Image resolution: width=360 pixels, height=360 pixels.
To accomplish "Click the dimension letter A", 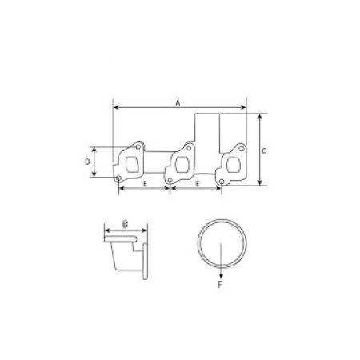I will pyautogui.click(x=178, y=102).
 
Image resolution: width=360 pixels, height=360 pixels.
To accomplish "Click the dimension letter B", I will pyautogui.click(x=126, y=224).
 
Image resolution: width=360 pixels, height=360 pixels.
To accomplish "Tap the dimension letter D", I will pyautogui.click(x=87, y=161).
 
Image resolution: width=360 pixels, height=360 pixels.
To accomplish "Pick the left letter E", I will pyautogui.click(x=145, y=185).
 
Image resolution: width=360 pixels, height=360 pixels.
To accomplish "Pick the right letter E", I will pyautogui.click(x=197, y=185).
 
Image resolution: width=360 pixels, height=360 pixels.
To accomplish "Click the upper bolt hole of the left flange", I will pyautogui.click(x=137, y=147).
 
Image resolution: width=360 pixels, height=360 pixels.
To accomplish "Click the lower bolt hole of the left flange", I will pyautogui.click(x=118, y=178).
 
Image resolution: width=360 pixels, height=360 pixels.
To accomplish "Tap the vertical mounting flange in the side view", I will pyautogui.click(x=147, y=257).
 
